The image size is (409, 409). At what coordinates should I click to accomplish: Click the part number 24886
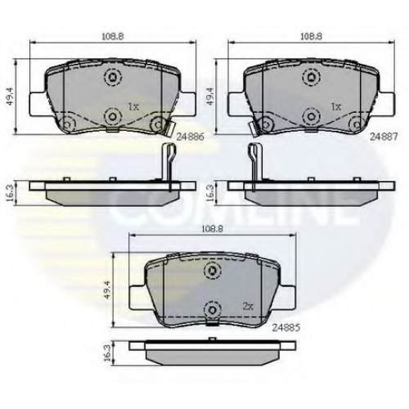191,137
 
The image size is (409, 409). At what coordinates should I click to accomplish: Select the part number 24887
384,137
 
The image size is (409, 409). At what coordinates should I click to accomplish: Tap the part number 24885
286,328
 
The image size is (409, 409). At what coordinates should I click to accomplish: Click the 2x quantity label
248,307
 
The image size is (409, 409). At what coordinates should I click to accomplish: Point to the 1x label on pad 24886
133,106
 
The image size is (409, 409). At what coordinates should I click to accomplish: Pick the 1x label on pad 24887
335,106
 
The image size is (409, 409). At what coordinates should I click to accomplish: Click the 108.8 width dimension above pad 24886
113,37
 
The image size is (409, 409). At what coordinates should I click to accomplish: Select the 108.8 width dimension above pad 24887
311,37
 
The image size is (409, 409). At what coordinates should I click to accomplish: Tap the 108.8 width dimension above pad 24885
212,229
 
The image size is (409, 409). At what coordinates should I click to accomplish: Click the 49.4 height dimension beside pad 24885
108,290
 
